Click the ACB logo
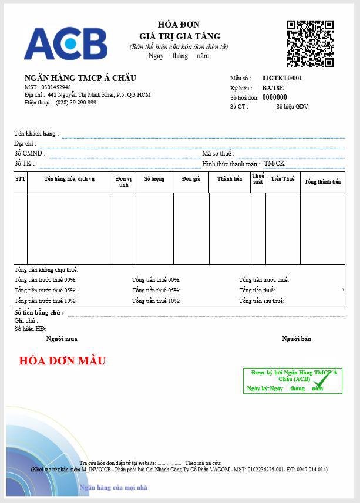(65, 43)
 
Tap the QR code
(309, 43)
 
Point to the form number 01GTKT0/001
(282, 78)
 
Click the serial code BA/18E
(272, 88)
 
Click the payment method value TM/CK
(274, 163)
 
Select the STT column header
(21, 178)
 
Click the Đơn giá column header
(191, 178)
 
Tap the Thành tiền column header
(230, 178)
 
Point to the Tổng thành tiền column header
(322, 181)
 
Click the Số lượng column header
(154, 178)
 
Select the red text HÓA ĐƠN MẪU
(63, 360)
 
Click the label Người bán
(297, 339)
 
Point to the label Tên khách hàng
(36, 133)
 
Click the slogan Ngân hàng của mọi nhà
(113, 487)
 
